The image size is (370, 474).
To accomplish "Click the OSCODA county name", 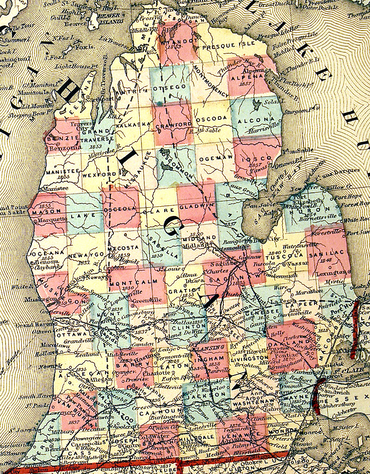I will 212,118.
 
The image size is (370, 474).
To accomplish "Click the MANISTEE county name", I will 59,171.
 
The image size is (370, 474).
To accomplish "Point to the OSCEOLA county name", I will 121,209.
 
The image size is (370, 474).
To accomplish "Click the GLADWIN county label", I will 197,206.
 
